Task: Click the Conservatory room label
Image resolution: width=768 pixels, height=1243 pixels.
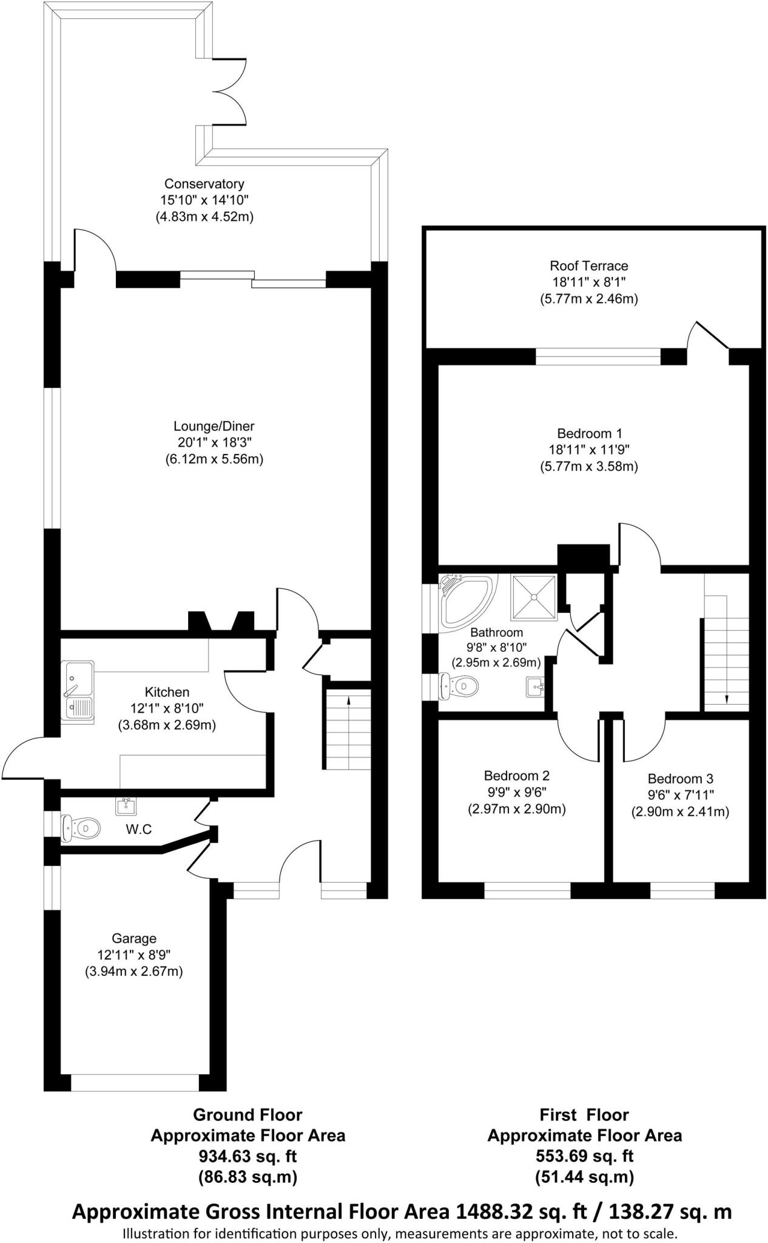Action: [204, 184]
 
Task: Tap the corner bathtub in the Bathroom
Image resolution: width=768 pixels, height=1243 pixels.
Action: [463, 601]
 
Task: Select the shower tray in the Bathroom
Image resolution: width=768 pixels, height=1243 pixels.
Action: [534, 597]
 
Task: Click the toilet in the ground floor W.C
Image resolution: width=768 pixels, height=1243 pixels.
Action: [80, 827]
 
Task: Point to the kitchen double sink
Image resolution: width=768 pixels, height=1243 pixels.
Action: [78, 691]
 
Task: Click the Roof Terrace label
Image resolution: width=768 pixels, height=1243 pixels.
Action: [588, 266]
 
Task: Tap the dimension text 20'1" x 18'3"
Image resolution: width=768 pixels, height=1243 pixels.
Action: [214, 442]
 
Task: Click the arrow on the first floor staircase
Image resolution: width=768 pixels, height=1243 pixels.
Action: [727, 698]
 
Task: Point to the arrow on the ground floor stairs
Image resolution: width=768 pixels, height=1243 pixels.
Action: [348, 702]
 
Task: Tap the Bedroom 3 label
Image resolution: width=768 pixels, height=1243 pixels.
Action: [680, 779]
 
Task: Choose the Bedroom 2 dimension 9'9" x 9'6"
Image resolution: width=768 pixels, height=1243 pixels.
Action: [516, 792]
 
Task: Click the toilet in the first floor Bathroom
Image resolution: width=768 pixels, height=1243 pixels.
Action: [459, 686]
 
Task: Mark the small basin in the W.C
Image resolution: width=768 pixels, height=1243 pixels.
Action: [126, 806]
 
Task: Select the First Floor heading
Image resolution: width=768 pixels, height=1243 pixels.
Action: [584, 1114]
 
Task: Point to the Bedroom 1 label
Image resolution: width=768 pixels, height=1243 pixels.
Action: [589, 433]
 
